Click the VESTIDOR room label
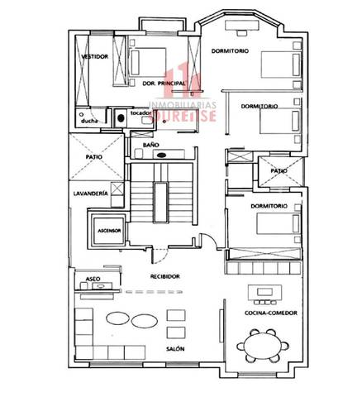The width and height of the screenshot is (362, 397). [98, 57]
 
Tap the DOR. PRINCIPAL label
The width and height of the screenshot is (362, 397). [162, 84]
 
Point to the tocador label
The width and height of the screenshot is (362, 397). [141, 112]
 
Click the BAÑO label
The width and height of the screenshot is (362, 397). [150, 144]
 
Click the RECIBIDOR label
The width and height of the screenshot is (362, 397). [165, 275]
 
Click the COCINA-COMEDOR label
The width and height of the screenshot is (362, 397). [271, 313]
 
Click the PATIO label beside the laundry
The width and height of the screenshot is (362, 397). [93, 155]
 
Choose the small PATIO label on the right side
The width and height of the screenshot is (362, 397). [279, 171]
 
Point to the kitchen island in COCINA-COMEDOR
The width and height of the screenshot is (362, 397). [266, 293]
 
